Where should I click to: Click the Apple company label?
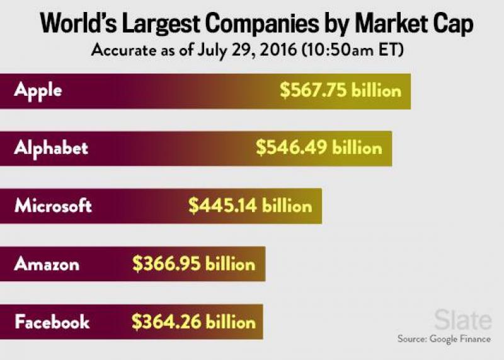pos(38,91)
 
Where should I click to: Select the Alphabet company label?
pos(51,148)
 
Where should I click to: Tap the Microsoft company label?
pos(54,206)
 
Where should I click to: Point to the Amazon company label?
pos(47,264)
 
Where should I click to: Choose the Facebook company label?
pos(52,322)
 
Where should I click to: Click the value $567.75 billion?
pos(340,91)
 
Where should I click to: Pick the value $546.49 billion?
pos(319,148)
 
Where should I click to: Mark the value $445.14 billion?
pos(250,206)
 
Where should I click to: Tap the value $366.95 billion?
pos(193,264)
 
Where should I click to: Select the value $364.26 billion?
pos(193,322)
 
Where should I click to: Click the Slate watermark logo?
pos(463,320)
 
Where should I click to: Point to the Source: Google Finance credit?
pos(444,339)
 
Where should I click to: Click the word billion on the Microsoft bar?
pos(287,206)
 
